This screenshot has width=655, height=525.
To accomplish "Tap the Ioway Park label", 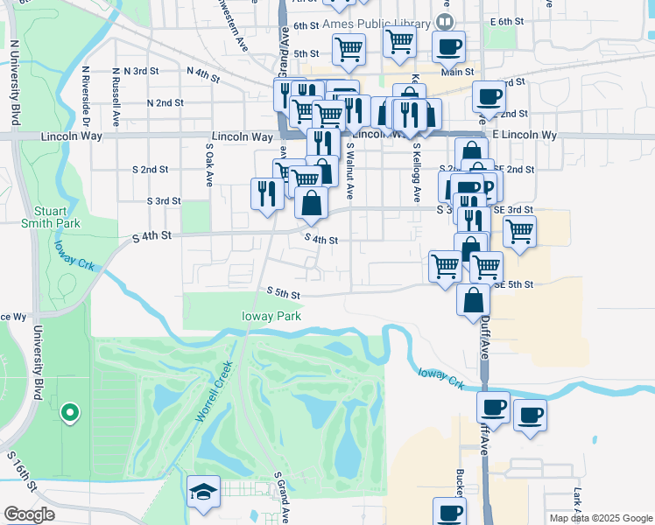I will [x=271, y=316].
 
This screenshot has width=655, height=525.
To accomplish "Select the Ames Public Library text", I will [x=377, y=23].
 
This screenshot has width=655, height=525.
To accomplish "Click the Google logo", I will [x=29, y=514].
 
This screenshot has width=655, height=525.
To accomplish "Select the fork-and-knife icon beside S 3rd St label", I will [x=266, y=193].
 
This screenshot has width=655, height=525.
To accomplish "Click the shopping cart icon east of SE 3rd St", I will [x=519, y=232].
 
